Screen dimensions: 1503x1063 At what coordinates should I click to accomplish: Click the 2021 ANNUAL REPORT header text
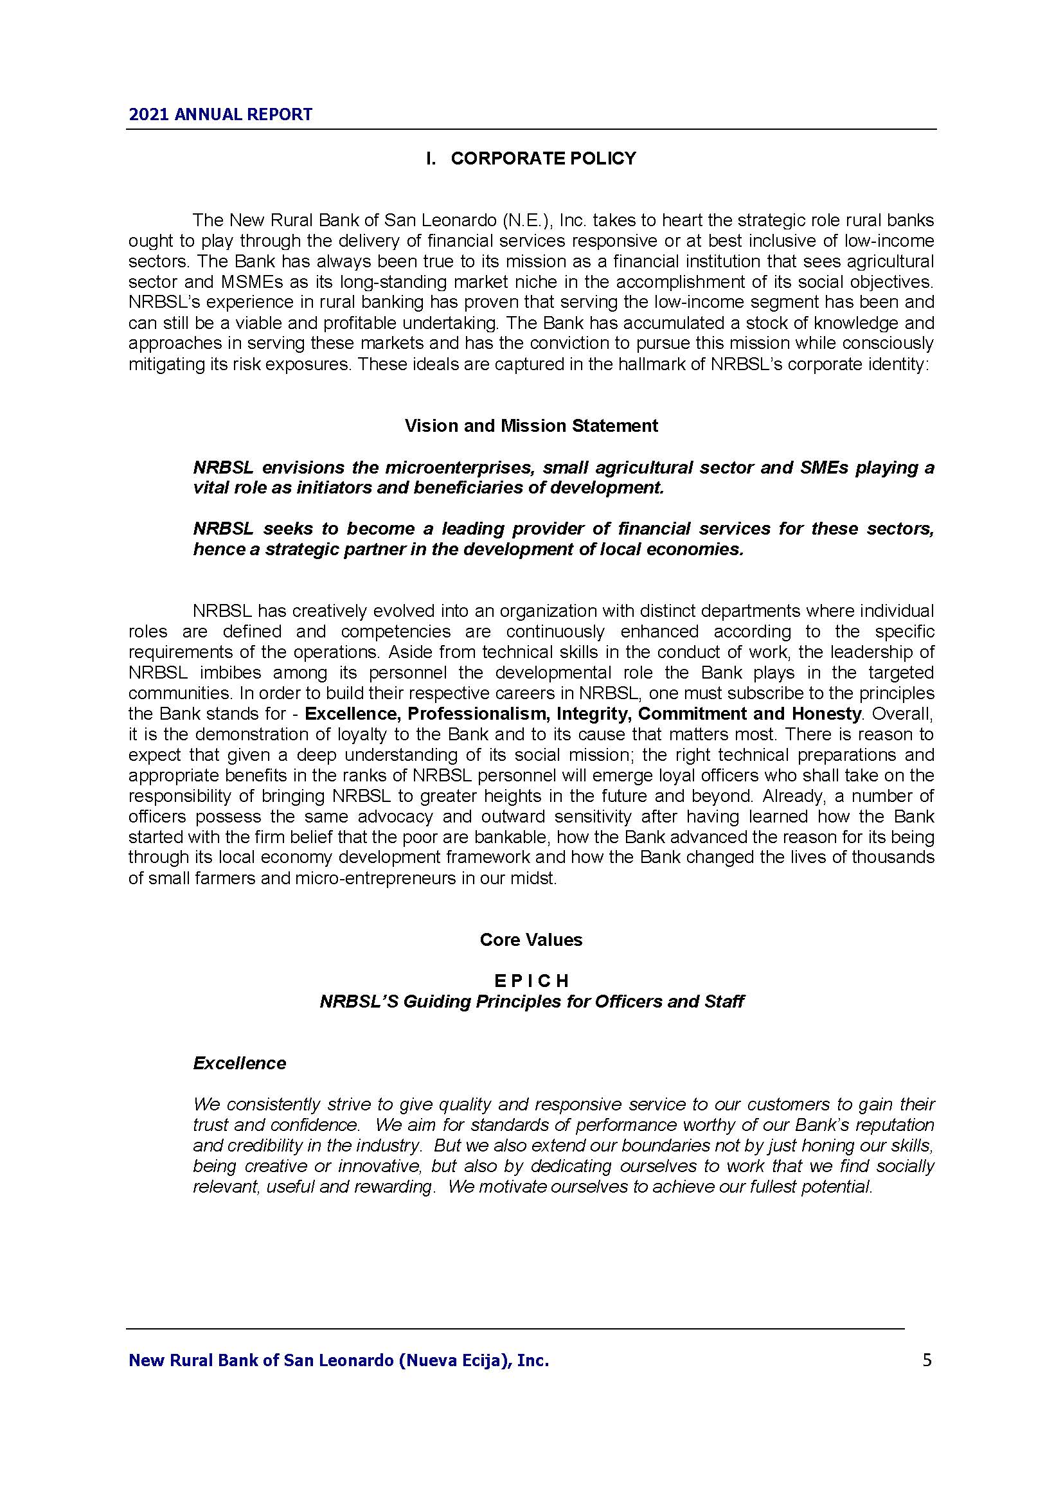point(220,114)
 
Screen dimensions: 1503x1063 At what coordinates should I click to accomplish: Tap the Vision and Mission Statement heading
point(531,426)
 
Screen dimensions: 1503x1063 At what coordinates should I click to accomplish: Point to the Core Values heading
point(531,940)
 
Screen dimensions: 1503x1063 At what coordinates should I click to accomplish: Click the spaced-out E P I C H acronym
point(531,981)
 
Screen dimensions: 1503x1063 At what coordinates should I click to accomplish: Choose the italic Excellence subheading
point(240,1063)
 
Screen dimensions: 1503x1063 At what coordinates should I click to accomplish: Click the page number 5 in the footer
point(927,1360)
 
